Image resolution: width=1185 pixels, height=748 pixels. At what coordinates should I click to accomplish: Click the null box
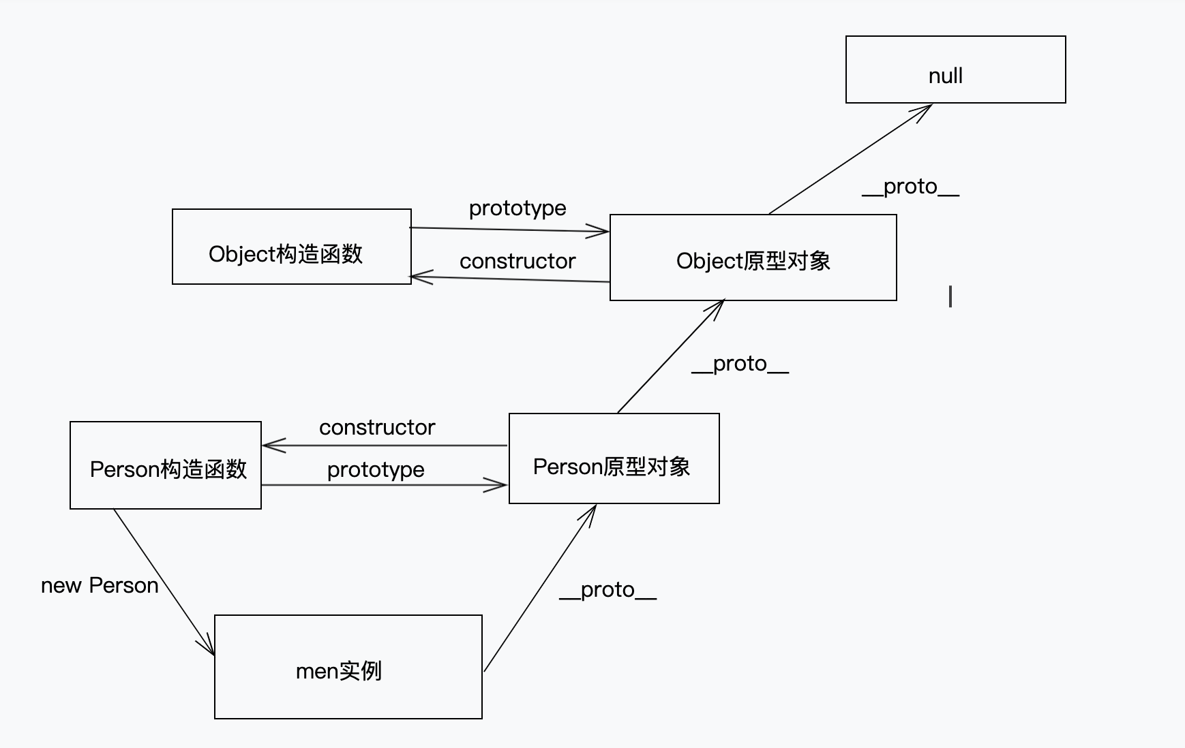[x=955, y=69]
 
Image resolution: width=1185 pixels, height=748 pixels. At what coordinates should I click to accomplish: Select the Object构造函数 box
[x=291, y=247]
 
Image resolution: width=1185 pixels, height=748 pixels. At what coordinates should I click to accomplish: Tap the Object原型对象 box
[x=753, y=258]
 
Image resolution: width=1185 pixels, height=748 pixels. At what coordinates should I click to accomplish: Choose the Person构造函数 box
[x=166, y=465]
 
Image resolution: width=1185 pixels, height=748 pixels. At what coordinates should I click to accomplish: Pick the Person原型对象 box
[x=614, y=458]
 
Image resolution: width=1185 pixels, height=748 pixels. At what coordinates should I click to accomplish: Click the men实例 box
[x=348, y=667]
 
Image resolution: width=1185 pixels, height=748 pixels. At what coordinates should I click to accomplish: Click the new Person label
[x=100, y=585]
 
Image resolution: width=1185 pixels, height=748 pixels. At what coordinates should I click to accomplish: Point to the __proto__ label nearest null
[x=910, y=187]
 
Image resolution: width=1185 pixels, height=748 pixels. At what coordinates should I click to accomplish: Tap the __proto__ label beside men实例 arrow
[x=607, y=590]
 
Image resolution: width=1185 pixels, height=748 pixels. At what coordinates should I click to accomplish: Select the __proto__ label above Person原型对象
[x=740, y=364]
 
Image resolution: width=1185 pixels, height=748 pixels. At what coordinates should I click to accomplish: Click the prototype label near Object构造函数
[x=517, y=208]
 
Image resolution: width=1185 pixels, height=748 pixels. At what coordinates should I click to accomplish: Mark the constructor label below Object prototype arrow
[x=517, y=261]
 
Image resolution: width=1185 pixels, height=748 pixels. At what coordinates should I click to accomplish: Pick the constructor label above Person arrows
[x=377, y=427]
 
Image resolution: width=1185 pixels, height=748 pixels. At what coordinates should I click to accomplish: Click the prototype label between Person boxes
[x=376, y=469]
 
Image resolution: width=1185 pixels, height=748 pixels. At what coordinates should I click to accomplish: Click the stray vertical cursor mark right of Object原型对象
[x=950, y=296]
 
